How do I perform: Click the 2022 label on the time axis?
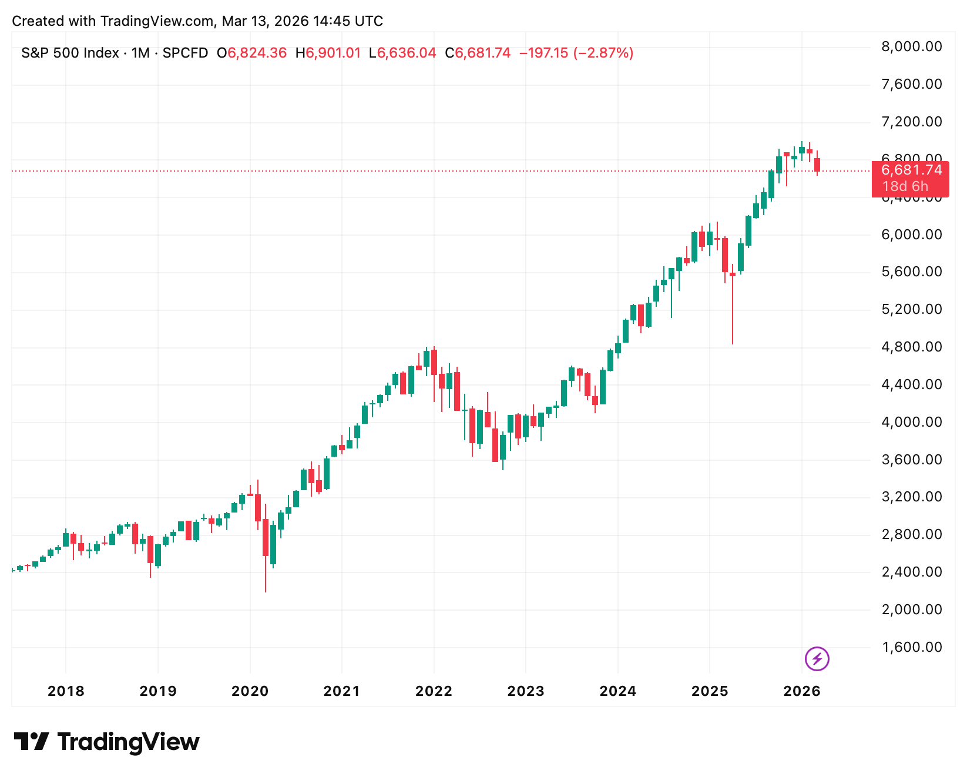pyautogui.click(x=434, y=691)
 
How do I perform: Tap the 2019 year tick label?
pyautogui.click(x=157, y=691)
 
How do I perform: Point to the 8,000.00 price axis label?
pyautogui.click(x=911, y=47)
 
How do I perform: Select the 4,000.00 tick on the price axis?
pyautogui.click(x=911, y=422)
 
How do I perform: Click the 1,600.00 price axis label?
pyautogui.click(x=911, y=647)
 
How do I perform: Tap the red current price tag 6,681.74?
pyautogui.click(x=911, y=170)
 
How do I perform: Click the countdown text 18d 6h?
pyautogui.click(x=905, y=187)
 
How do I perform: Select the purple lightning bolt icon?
pyautogui.click(x=817, y=659)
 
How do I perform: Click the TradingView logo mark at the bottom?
pyautogui.click(x=31, y=742)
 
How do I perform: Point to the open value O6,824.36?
pyautogui.click(x=251, y=53)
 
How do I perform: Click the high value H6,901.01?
pyautogui.click(x=328, y=53)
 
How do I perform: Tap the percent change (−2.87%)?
pyautogui.click(x=603, y=53)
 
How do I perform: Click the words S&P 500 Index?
pyautogui.click(x=70, y=53)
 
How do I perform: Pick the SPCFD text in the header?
pyautogui.click(x=185, y=53)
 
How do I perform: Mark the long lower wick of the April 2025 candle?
pyautogui.click(x=733, y=312)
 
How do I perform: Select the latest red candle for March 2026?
pyautogui.click(x=817, y=165)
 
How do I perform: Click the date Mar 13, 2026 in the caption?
pyautogui.click(x=265, y=21)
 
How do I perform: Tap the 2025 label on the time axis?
pyautogui.click(x=710, y=691)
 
